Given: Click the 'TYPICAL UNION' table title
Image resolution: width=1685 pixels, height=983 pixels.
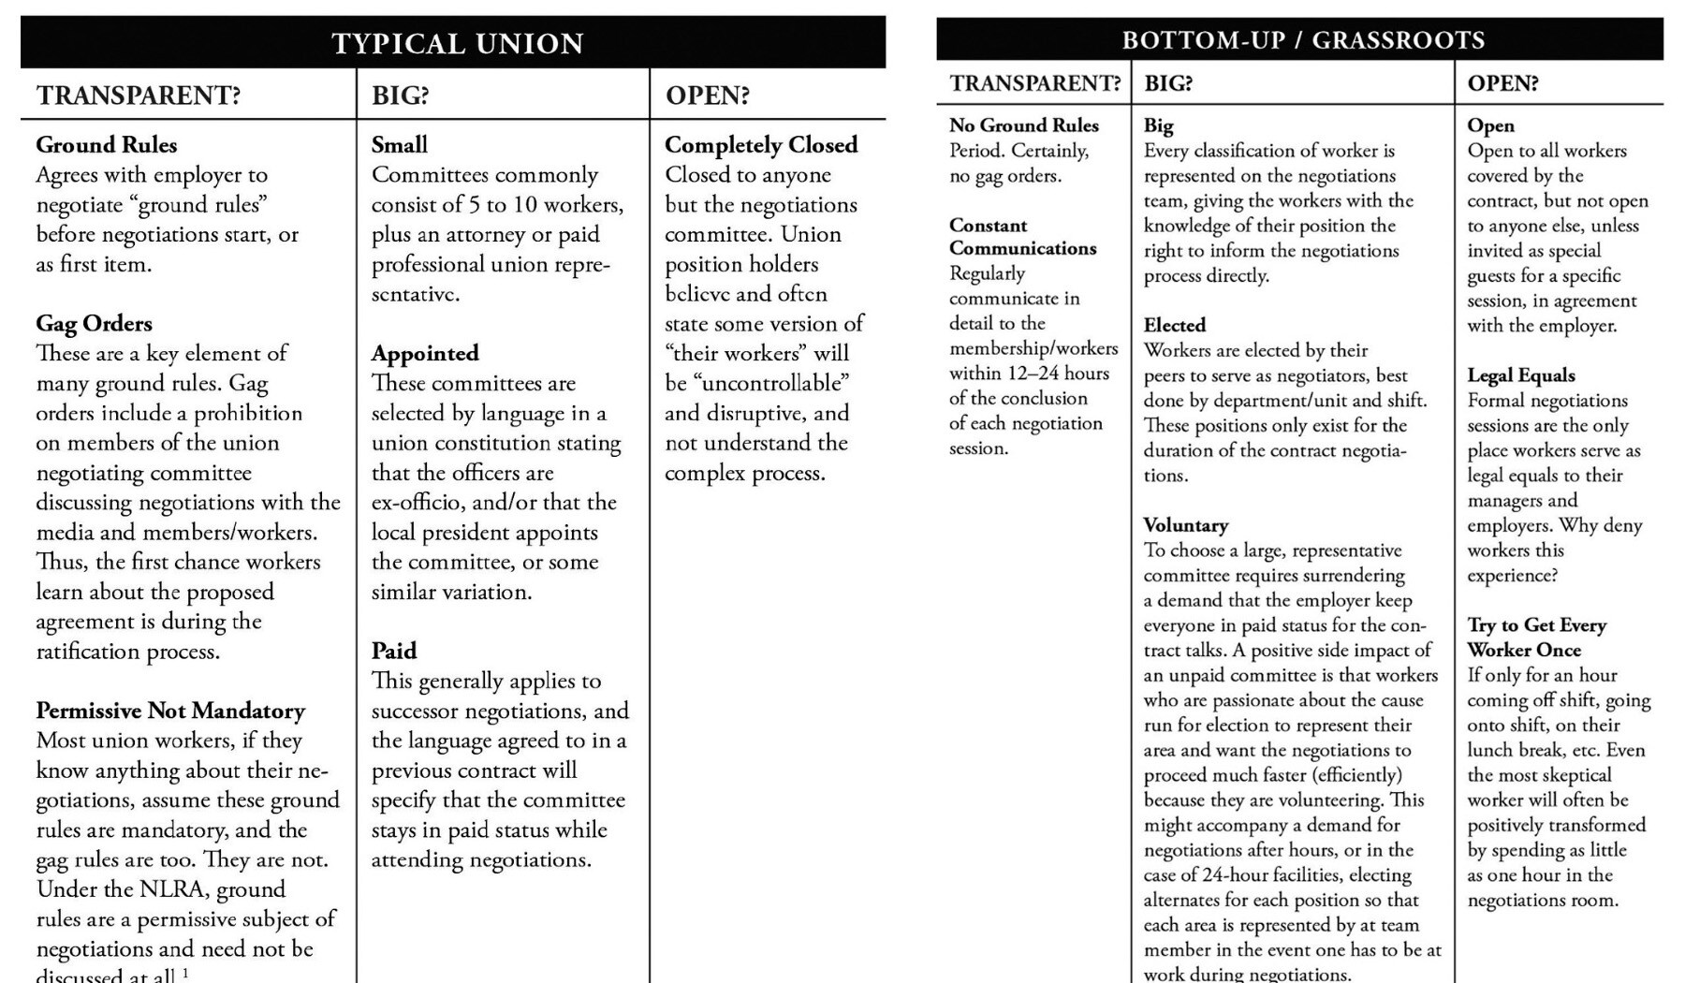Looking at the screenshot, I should pos(458,43).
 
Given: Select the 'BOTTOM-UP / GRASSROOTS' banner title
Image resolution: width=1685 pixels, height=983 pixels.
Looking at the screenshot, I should pos(1303,40).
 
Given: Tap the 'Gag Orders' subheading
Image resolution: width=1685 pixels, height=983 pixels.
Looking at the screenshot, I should pos(94,324).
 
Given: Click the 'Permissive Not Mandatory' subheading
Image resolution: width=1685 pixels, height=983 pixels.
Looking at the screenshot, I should pos(170,711).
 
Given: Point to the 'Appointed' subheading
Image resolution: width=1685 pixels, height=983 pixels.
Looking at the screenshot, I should pos(425,354).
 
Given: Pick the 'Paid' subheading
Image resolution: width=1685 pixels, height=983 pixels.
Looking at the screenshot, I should pos(394,652).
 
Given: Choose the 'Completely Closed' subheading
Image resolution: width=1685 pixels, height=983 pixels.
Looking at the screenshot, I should pos(761,145).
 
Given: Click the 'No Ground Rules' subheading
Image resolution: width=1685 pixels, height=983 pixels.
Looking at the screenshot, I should pos(1024,125).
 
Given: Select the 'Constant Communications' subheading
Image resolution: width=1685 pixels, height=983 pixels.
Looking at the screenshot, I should pos(1022,237).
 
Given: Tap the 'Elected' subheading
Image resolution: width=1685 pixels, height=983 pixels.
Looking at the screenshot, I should pos(1175,326).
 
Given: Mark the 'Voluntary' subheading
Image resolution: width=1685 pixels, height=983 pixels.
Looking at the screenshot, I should pos(1186,525).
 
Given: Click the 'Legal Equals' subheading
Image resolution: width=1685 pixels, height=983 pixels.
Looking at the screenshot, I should pos(1521,375).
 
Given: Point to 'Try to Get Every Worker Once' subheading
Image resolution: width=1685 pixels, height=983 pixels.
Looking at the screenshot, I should pos(1536,638).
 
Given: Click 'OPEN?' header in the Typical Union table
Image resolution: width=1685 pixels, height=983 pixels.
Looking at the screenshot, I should pos(708,95).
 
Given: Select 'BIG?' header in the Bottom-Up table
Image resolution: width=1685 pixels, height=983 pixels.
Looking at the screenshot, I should pos(1168,83).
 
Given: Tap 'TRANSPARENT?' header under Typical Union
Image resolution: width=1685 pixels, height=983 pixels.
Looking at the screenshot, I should pos(139,95).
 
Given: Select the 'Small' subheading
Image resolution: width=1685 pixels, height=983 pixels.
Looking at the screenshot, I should pos(400,145).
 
